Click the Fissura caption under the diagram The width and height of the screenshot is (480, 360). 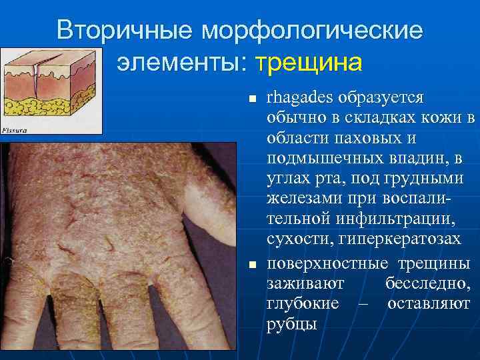point(15,130)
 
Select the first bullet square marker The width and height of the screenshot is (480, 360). point(251,99)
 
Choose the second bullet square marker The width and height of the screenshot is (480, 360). point(251,265)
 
